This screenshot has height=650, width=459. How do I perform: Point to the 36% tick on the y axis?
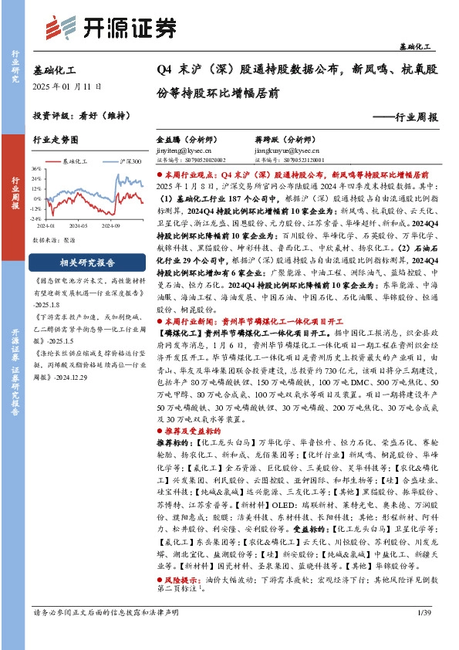[x=36, y=168]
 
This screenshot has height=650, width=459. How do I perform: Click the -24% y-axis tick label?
[x=35, y=218]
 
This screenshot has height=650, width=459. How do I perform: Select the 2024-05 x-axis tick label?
[x=79, y=226]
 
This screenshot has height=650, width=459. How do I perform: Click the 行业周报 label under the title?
[x=410, y=117]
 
